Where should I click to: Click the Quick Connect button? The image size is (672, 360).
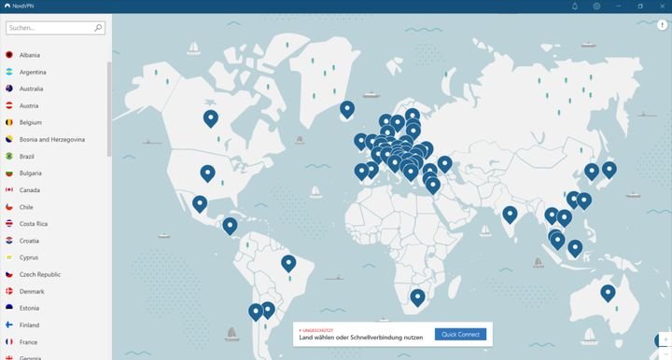click(460, 334)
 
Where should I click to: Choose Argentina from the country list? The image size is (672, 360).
click(33, 72)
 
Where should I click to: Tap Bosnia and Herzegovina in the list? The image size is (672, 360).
click(52, 139)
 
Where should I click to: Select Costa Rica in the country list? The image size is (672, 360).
click(34, 224)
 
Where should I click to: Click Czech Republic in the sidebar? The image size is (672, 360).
click(40, 274)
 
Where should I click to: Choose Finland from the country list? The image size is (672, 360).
click(29, 325)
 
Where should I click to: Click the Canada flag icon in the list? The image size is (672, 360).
click(8, 190)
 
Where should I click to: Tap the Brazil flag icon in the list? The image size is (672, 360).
click(8, 157)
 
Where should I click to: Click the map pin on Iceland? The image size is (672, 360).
click(347, 108)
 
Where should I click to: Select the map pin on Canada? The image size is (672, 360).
click(211, 118)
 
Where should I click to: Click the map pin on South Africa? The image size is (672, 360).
click(417, 297)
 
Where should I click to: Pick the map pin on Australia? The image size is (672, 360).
click(608, 292)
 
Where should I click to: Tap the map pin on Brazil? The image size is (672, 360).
click(288, 263)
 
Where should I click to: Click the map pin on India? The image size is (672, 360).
click(509, 214)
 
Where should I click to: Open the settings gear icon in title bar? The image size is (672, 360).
click(596, 6)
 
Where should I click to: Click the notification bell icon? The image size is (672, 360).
click(574, 6)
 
